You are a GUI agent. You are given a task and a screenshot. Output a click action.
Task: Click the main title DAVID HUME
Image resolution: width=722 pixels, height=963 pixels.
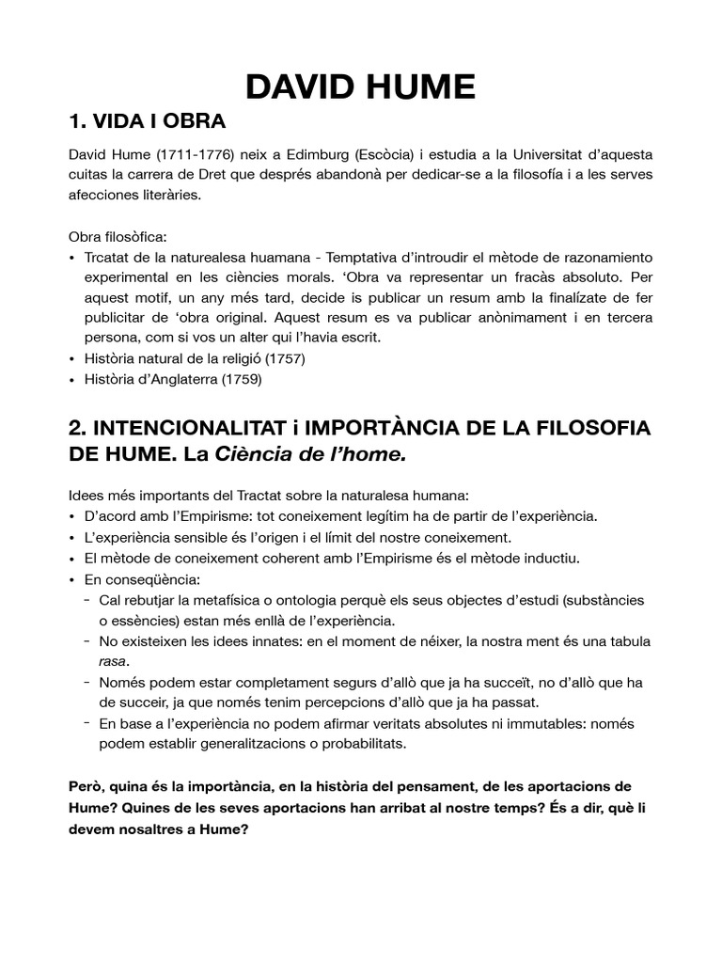[x=360, y=87]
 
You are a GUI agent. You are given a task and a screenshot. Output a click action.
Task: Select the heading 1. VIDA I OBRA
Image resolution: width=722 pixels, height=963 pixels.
[x=148, y=123]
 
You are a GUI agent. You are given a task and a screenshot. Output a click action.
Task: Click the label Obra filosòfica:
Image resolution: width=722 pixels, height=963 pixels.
[x=118, y=236]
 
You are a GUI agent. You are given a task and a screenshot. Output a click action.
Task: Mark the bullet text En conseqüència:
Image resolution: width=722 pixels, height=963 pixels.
[x=134, y=579]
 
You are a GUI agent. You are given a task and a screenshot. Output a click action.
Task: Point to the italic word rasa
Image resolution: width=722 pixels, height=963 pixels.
[x=113, y=661]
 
